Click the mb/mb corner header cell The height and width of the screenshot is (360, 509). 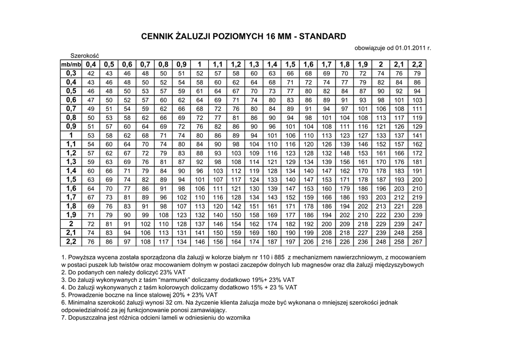[x=71, y=65]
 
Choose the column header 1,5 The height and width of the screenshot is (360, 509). [x=290, y=65]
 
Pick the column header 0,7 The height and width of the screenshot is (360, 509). [x=145, y=65]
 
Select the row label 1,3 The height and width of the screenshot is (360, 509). [x=71, y=162]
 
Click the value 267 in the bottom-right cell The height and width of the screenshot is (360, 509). [x=417, y=242]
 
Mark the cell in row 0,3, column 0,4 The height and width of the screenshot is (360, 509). [x=90, y=74]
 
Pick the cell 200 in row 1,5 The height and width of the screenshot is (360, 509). [x=417, y=180]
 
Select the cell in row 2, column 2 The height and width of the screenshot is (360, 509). [x=381, y=224]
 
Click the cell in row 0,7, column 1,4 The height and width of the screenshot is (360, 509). [x=272, y=109]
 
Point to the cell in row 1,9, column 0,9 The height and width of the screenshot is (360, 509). [x=181, y=215]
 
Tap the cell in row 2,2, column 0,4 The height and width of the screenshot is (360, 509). [x=90, y=242]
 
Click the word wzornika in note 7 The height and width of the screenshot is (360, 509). [x=238, y=317]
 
